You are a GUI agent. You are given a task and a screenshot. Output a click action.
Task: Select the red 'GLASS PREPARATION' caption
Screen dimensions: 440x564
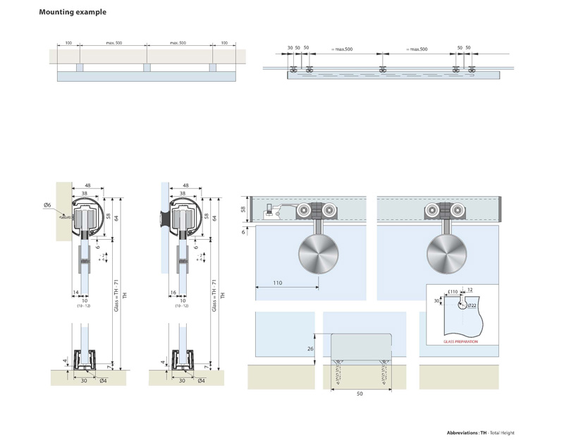(x=460, y=341)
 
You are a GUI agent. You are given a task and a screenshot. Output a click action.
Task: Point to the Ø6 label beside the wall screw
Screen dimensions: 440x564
(x=47, y=204)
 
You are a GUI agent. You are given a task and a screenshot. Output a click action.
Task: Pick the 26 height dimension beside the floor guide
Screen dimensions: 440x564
(x=310, y=348)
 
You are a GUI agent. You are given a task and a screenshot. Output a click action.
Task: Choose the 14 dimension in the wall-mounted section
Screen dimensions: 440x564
(x=75, y=291)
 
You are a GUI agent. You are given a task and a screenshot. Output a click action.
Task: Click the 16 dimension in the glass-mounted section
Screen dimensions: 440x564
(x=173, y=291)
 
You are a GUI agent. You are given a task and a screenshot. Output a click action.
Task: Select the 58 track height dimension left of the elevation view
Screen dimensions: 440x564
(x=243, y=209)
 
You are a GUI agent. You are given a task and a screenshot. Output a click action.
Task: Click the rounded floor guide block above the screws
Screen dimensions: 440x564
(x=360, y=348)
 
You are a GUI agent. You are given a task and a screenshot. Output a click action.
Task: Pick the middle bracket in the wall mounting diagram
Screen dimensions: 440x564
(x=147, y=68)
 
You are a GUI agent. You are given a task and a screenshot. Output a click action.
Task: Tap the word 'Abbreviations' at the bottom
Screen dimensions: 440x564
(x=462, y=432)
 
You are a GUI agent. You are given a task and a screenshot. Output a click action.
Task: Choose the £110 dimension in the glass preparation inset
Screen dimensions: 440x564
(x=452, y=291)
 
